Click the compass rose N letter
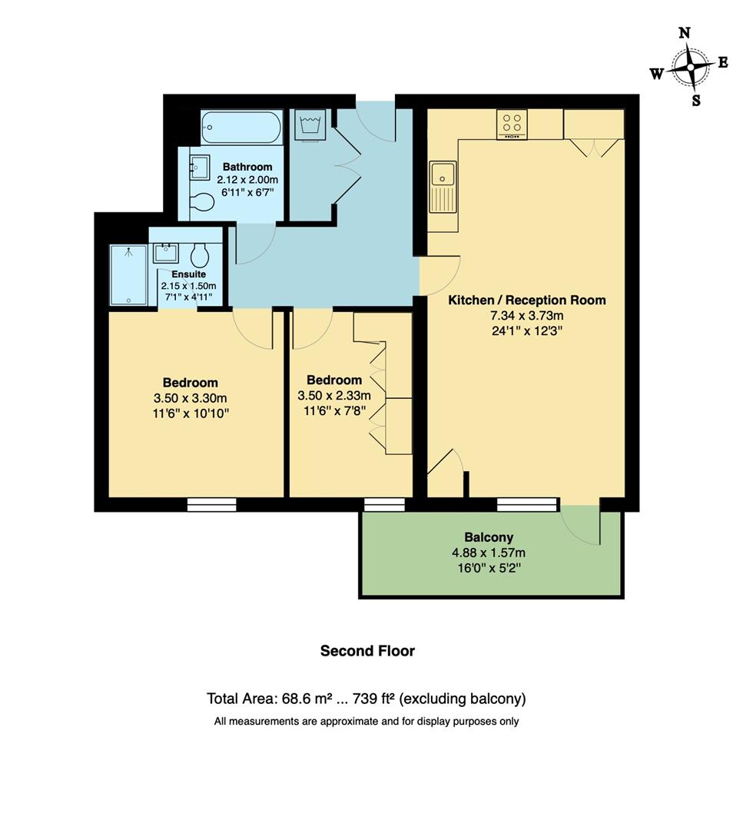tap(685, 32)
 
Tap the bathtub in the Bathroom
tap(241, 127)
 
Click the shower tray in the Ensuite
tap(128, 274)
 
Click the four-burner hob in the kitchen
tap(512, 123)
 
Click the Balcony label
tap(489, 537)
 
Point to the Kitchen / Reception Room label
tap(527, 300)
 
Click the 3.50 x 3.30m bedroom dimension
tap(190, 398)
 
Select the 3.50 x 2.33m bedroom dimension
tap(333, 396)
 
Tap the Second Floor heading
tap(367, 651)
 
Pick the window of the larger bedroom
tap(211, 504)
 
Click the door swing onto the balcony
tap(582, 524)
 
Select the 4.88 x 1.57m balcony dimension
tap(489, 553)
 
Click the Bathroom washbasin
tap(200, 165)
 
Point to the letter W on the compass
tap(657, 74)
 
